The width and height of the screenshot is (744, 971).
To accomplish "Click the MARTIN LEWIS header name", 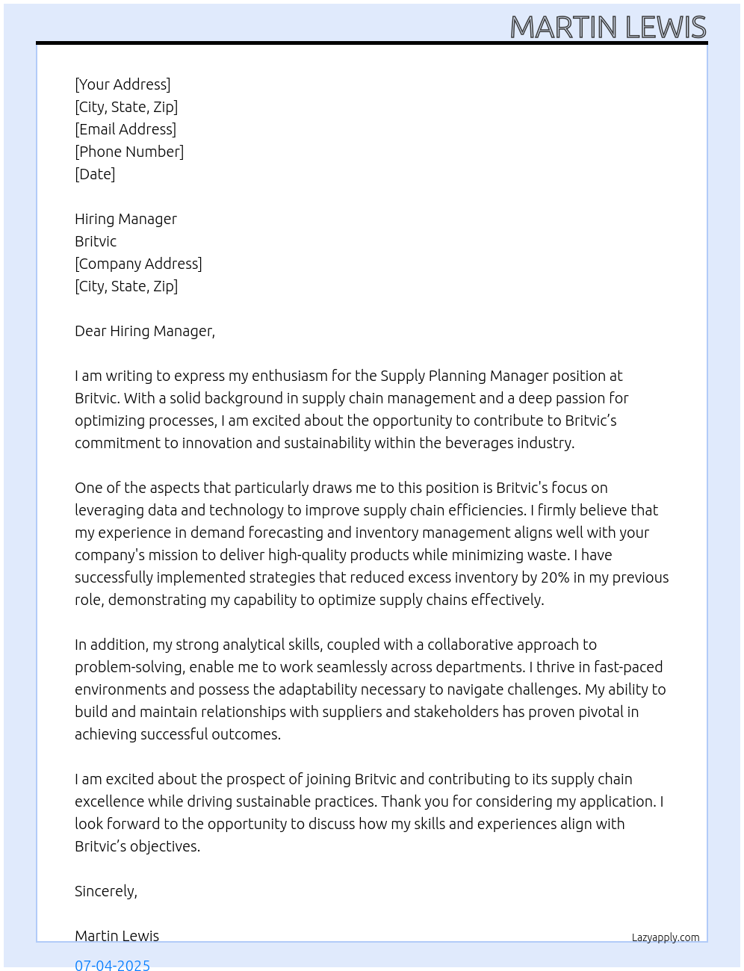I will [x=607, y=28].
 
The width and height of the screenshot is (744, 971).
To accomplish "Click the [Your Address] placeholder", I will [x=123, y=84].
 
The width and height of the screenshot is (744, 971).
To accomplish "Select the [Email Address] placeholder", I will [x=125, y=129].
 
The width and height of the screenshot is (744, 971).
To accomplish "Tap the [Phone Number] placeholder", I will [x=129, y=152].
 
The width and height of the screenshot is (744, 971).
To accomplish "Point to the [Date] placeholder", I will [x=95, y=174].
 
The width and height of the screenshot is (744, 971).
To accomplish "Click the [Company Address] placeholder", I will [x=138, y=264].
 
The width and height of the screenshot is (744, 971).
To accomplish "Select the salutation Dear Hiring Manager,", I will [x=145, y=331].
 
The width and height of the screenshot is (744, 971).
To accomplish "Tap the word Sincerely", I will [x=105, y=891].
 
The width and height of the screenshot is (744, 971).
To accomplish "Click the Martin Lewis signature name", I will [x=117, y=936].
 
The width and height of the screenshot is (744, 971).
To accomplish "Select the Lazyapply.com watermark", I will [x=666, y=937].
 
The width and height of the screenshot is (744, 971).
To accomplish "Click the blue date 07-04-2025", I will [x=112, y=964].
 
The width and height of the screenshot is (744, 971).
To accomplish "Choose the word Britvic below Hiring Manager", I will [x=96, y=241].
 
